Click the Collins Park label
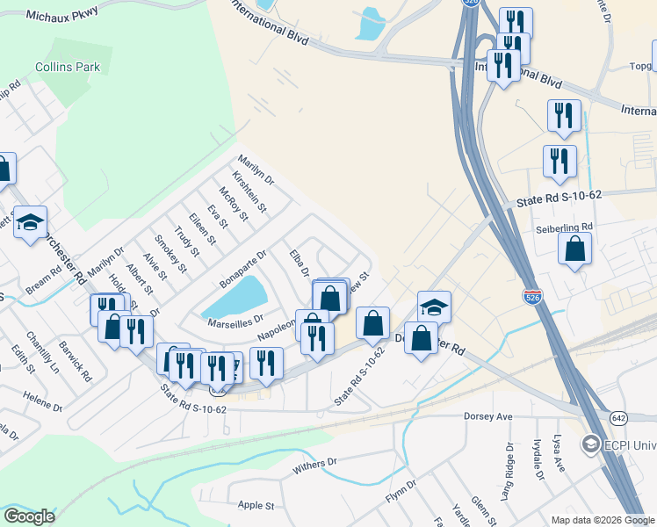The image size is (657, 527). click(x=68, y=67)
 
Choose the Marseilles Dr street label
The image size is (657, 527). click(x=235, y=321)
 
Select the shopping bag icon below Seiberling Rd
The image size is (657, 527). click(x=574, y=249)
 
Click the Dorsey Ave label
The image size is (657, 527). click(x=487, y=416)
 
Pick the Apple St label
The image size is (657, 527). click(x=256, y=506)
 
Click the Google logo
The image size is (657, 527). click(x=29, y=516)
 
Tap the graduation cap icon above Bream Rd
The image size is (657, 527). click(x=30, y=224)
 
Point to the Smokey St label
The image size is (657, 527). click(x=170, y=253)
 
